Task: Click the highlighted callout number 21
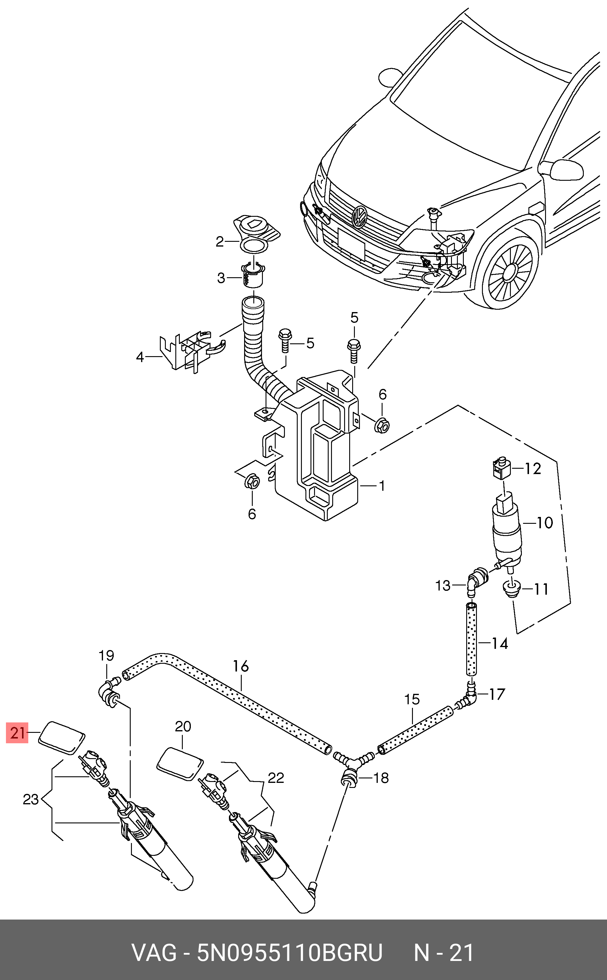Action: [17, 733]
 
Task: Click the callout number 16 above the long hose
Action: [241, 666]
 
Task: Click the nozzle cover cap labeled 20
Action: [180, 763]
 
